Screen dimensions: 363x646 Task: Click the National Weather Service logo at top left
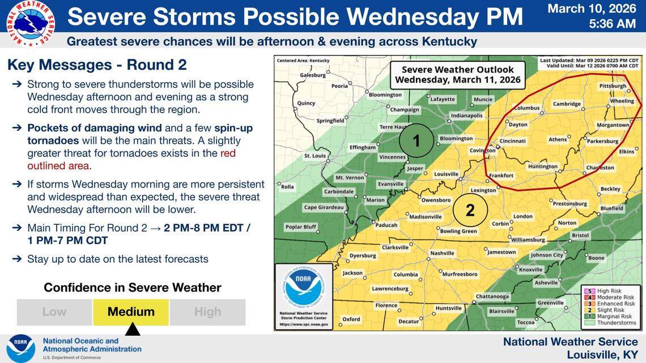[x=30, y=23]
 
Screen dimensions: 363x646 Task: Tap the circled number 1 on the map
[x=416, y=140]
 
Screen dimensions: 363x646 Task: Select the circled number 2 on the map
[x=470, y=210]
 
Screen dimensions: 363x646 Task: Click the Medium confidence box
[x=131, y=311]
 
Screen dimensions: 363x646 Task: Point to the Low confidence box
[x=54, y=311]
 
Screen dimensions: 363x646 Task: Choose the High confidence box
[x=207, y=311]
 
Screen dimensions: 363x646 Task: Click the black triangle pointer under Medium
[x=132, y=329]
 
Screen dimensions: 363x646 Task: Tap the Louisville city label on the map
[x=446, y=174]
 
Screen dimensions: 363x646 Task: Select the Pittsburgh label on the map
[x=613, y=86]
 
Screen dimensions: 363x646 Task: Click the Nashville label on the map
[x=443, y=253]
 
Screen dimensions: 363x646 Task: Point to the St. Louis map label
[x=314, y=156]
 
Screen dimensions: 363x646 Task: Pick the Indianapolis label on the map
[x=466, y=116]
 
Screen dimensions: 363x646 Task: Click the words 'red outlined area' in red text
[x=58, y=165]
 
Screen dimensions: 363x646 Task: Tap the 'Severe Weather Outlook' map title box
[x=457, y=74]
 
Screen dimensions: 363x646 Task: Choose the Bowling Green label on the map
[x=458, y=231]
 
